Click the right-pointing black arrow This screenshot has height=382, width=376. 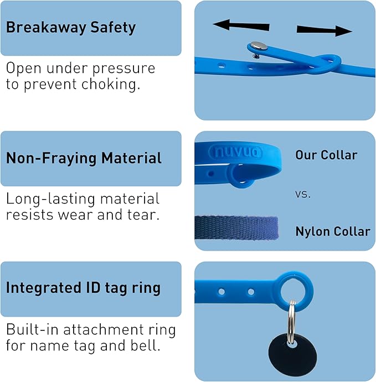pyautogui.click(x=325, y=30)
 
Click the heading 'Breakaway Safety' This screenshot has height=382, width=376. pyautogui.click(x=71, y=28)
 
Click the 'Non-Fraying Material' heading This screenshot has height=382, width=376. pyautogui.click(x=84, y=158)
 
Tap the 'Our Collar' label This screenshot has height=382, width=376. pyautogui.click(x=326, y=155)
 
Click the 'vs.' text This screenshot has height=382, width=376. pyautogui.click(x=302, y=195)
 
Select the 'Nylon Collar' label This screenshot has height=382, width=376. pyautogui.click(x=332, y=231)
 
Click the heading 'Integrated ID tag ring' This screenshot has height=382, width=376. pyautogui.click(x=83, y=288)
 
